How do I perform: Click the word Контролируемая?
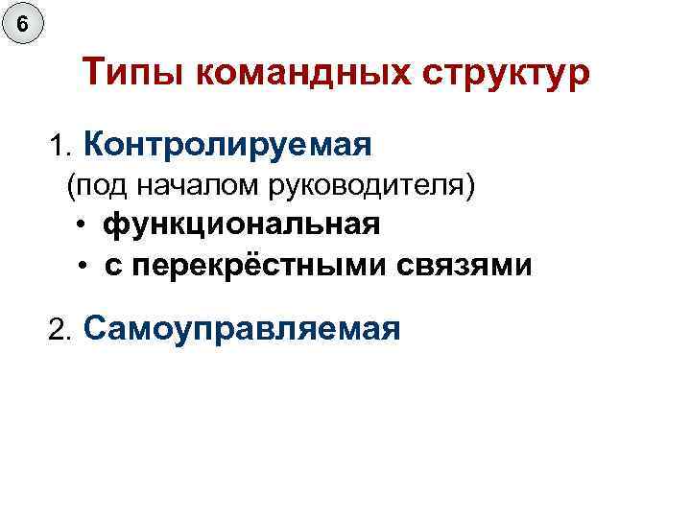tap(227, 145)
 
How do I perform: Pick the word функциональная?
tap(242, 224)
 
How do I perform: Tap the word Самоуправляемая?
tap(242, 329)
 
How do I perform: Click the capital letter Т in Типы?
tap(93, 73)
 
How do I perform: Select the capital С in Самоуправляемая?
tap(95, 329)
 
